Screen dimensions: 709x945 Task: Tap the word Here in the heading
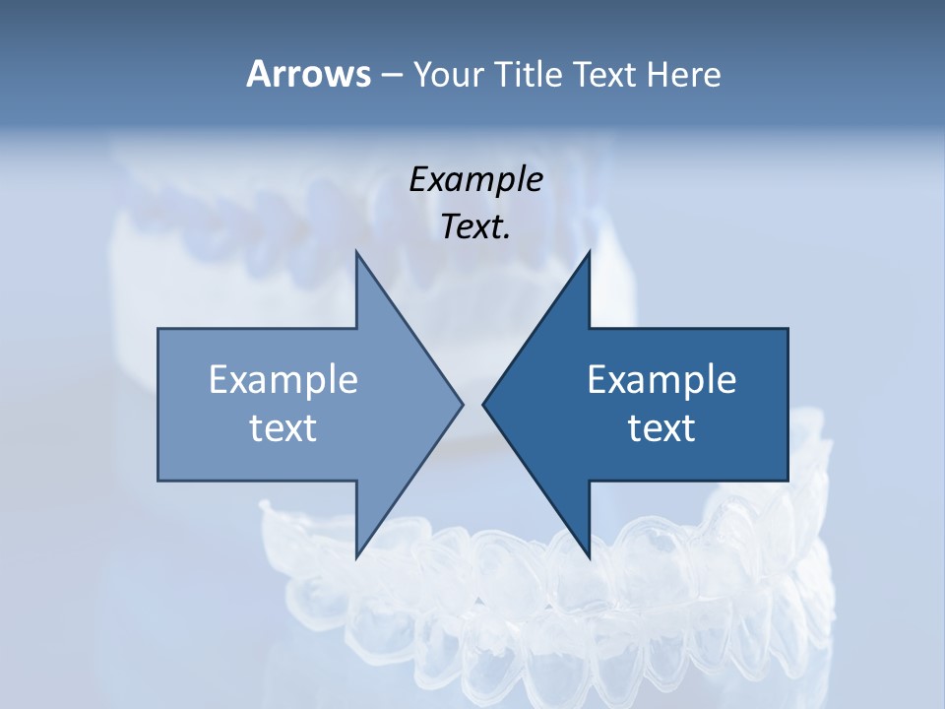tap(683, 74)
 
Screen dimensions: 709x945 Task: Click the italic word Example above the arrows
tap(475, 180)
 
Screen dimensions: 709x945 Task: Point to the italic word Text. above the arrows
tap(475, 227)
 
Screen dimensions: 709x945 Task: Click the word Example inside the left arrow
tap(283, 380)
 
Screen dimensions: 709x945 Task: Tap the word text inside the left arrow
tap(283, 428)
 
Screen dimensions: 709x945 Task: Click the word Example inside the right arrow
tap(661, 380)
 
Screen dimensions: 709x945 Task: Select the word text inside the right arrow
tap(661, 428)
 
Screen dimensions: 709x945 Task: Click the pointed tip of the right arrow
tap(484, 404)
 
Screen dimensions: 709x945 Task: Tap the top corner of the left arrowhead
tap(356, 253)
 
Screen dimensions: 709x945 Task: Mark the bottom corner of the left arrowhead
tap(356, 556)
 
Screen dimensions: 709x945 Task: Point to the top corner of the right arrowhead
tap(589, 253)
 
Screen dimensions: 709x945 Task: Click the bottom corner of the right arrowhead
tap(589, 556)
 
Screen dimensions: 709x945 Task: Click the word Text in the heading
tap(607, 74)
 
